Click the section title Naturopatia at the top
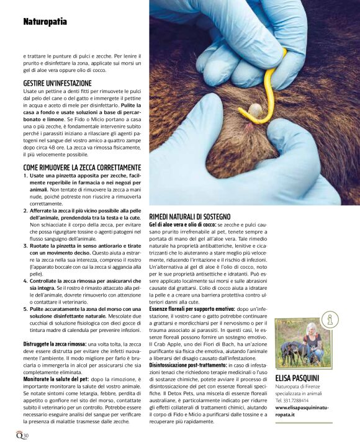tap(45, 22)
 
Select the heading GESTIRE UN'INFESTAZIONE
tap(57, 83)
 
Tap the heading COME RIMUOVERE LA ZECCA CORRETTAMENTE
tap(82, 168)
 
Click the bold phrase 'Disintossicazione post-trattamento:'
tap(190, 365)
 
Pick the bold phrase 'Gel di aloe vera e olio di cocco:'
tap(182, 224)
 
